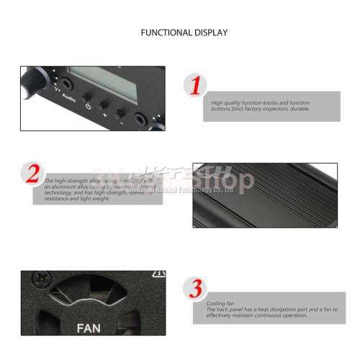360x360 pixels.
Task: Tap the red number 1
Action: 193,86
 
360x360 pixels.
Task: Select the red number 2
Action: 32,174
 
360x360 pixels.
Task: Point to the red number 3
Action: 193,289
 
